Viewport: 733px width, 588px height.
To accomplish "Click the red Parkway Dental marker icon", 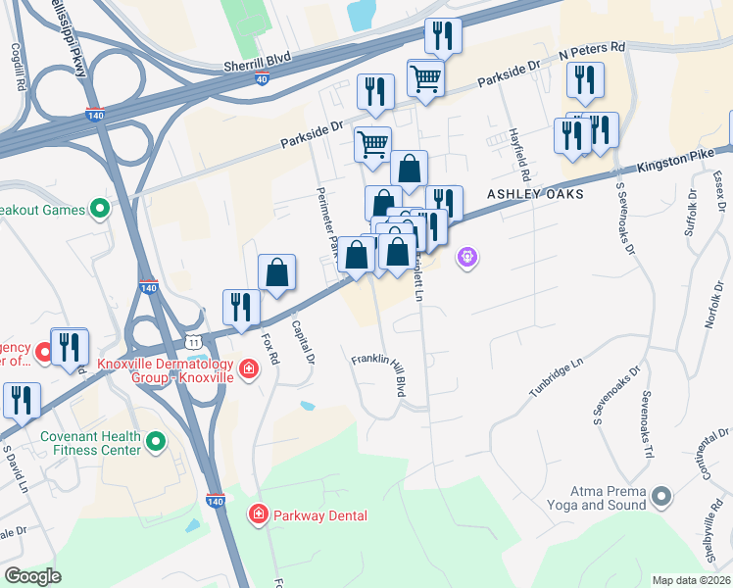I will (x=259, y=514).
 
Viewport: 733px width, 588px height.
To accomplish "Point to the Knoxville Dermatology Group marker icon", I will (x=249, y=368).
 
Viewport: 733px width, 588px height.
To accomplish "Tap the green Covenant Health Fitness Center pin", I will (x=156, y=444).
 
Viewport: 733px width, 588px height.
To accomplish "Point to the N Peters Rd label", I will (x=591, y=47).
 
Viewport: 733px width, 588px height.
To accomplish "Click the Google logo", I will (x=32, y=576).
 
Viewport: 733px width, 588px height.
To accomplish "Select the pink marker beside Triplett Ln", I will (x=466, y=259).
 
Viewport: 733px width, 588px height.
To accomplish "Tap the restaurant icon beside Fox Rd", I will (x=239, y=307).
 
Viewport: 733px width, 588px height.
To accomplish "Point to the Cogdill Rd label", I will (x=19, y=67).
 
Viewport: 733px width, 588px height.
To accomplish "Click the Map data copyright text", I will (x=691, y=580).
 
